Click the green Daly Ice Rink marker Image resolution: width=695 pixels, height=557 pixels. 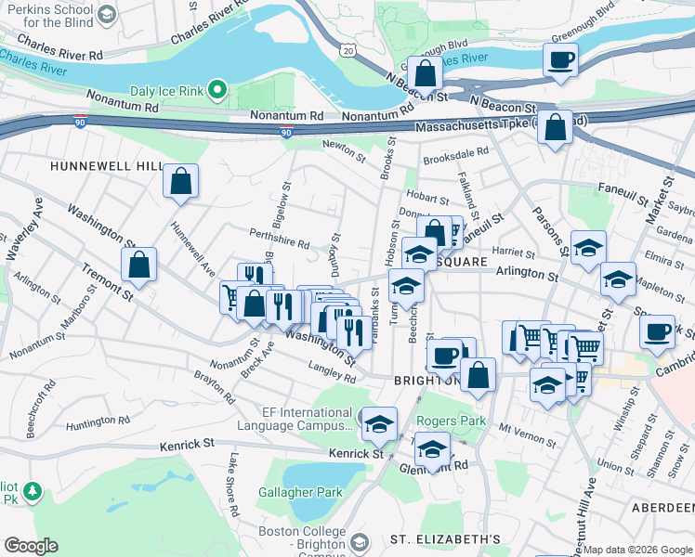217,90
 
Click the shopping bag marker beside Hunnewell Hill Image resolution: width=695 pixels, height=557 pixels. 180,181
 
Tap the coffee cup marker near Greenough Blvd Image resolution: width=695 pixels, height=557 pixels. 560,60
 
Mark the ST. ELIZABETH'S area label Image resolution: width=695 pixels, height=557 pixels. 445,539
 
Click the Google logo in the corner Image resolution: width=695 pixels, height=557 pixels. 31,546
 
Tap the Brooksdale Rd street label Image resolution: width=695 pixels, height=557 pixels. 455,157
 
